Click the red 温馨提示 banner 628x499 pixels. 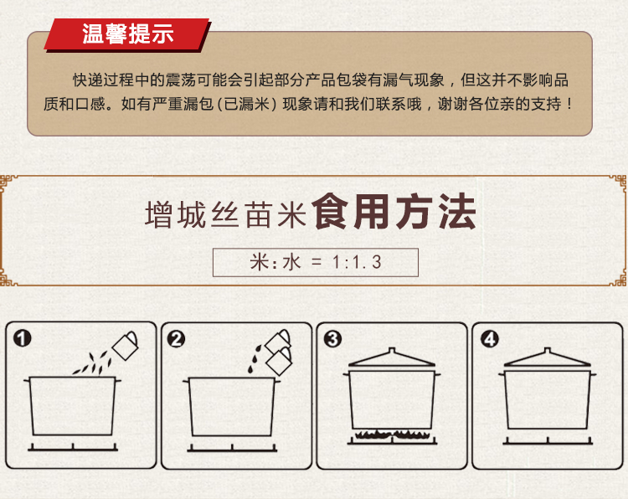[127, 34]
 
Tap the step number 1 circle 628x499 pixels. [23, 338]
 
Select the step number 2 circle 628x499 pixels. [176, 339]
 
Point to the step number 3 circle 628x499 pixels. [332, 339]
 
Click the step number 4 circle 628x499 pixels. [490, 340]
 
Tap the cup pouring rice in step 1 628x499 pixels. [126, 345]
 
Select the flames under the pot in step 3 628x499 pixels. [393, 435]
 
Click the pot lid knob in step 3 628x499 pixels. [392, 351]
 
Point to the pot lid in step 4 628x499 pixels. [547, 358]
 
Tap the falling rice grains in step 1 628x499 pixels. [94, 363]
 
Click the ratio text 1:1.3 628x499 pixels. [357, 263]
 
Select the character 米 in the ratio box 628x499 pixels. [259, 262]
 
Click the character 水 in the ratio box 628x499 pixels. [291, 262]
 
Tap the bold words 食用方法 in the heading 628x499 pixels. [394, 212]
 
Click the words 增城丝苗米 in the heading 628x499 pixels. [226, 214]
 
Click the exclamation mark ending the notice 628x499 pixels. [569, 104]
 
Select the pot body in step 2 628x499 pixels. [232, 406]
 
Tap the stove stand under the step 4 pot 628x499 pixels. [548, 441]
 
